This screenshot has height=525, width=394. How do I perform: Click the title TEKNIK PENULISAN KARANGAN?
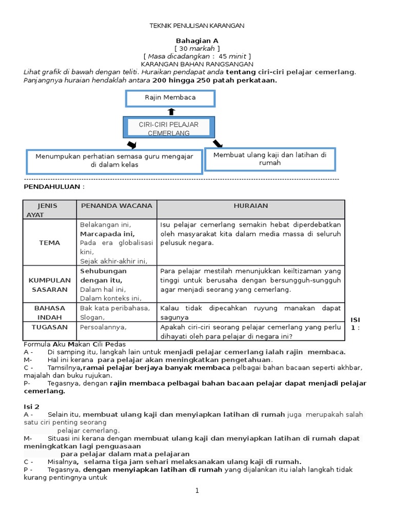coord(196,25)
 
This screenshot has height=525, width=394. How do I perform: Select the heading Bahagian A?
coord(196,41)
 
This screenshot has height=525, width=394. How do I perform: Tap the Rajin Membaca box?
coord(170,98)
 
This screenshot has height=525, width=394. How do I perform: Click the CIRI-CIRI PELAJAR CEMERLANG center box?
coord(169,128)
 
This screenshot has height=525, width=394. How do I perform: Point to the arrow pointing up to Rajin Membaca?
coord(171,111)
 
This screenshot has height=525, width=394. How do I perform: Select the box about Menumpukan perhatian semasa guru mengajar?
coord(114,161)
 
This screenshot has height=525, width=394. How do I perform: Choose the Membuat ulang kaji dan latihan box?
coord(270,158)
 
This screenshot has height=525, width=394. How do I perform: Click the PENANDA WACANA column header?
coord(116,206)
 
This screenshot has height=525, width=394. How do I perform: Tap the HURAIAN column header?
coord(250,206)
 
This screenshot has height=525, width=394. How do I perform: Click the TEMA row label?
coord(49,243)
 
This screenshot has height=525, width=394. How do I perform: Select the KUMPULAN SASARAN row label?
coord(49,285)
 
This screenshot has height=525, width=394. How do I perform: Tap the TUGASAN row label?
coord(49,327)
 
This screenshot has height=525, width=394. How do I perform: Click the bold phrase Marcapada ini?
coord(107,234)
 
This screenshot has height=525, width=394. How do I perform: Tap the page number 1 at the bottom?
coord(196,491)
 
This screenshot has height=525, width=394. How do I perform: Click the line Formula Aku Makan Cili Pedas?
coord(74,344)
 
